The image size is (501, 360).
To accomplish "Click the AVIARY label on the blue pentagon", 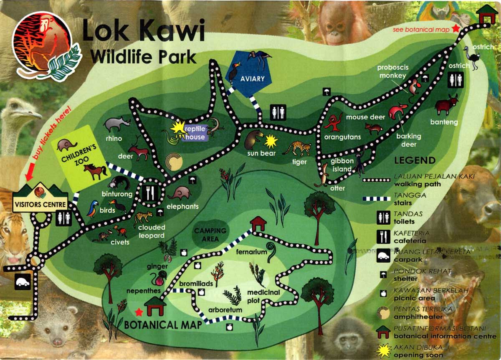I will (252, 78).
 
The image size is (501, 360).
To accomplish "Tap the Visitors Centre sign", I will (40, 204).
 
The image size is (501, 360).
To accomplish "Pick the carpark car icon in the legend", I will (383, 255).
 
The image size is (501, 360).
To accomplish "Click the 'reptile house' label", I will (195, 133).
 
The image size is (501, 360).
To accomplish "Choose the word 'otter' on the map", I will (337, 188).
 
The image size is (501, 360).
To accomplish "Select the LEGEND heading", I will (415, 160).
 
